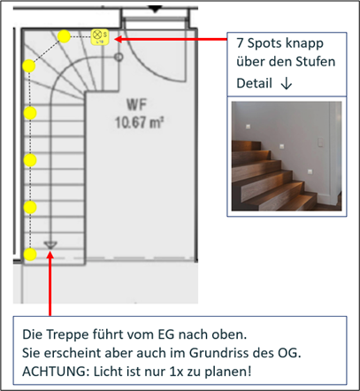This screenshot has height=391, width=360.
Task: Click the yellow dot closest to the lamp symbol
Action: (65, 36)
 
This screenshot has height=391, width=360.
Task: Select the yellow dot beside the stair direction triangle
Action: (30, 255)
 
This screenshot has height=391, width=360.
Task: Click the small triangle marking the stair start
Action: (50, 244)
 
